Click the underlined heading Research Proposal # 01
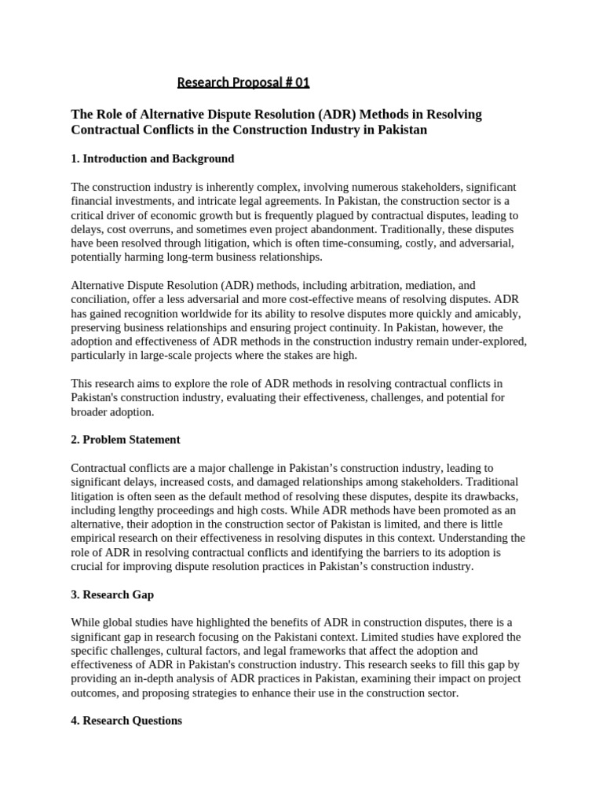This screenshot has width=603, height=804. click(238, 82)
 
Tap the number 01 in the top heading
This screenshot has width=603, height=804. click(291, 82)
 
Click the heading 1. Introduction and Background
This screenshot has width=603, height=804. click(152, 159)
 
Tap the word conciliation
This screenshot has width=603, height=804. click(100, 300)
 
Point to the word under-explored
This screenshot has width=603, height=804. click(487, 342)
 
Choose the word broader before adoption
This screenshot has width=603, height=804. click(90, 411)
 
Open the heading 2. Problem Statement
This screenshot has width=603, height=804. click(126, 440)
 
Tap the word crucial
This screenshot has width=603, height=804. click(89, 567)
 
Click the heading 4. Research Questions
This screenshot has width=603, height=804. click(126, 721)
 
